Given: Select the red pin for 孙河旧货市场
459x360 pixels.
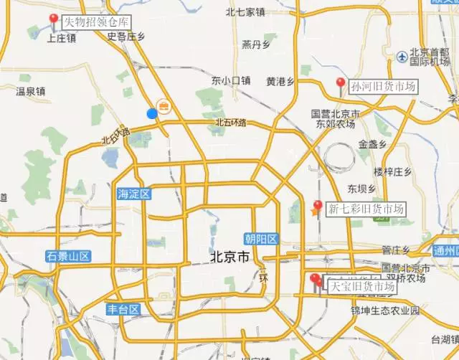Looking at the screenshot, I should [x=341, y=83].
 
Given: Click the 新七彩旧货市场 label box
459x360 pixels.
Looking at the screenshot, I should [x=365, y=209].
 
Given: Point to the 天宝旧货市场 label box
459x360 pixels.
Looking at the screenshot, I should [x=361, y=287].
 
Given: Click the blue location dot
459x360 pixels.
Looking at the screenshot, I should [x=151, y=113].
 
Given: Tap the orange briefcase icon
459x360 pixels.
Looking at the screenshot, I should [x=164, y=107].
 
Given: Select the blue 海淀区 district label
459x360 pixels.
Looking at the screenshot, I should [x=133, y=194].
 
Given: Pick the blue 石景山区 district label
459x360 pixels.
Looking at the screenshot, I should [x=67, y=256].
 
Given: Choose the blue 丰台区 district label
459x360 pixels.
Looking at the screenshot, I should [x=123, y=310].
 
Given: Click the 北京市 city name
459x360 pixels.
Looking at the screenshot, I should [x=228, y=257].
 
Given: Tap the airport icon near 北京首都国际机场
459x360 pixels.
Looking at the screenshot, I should [x=401, y=56].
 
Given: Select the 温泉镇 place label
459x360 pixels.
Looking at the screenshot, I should [x=31, y=91].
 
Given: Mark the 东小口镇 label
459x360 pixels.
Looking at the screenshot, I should [x=231, y=81].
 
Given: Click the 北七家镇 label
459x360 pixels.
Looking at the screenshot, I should [x=245, y=11].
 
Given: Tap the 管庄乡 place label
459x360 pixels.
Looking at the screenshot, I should [x=395, y=250].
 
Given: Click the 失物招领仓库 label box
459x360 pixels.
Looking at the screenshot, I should [x=93, y=22].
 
